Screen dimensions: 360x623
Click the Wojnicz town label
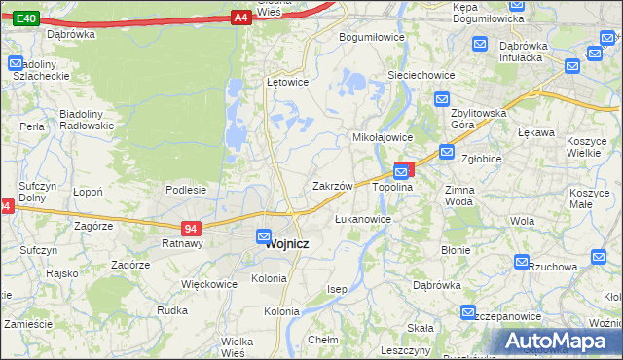pyautogui.click(x=287, y=244)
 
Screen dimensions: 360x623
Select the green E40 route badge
pyautogui.click(x=27, y=18)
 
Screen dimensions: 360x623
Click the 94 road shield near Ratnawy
pyautogui.click(x=192, y=229)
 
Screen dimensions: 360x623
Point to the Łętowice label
pyautogui.click(x=287, y=82)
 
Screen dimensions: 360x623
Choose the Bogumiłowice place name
pyautogui.click(x=371, y=37)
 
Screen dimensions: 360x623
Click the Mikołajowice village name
pyautogui.click(x=383, y=138)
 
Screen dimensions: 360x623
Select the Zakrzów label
pyautogui.click(x=332, y=185)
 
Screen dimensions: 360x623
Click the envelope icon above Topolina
pyautogui.click(x=401, y=171)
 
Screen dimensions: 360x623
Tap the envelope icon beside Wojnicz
pyautogui.click(x=264, y=235)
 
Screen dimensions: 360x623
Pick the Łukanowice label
pyautogui.click(x=363, y=219)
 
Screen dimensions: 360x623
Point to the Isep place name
pyautogui.click(x=338, y=290)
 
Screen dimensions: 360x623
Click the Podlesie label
pyautogui.click(x=185, y=190)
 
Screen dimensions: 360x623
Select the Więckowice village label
pyautogui.click(x=209, y=285)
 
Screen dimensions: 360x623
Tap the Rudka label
pyautogui.click(x=172, y=310)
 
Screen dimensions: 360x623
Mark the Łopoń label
pyautogui.click(x=89, y=192)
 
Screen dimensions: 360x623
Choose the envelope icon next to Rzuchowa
pyautogui.click(x=522, y=263)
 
